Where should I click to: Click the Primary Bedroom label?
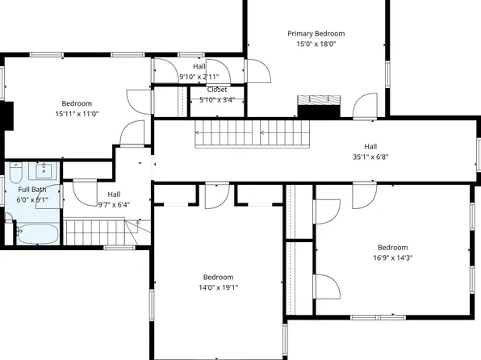tap(316, 33)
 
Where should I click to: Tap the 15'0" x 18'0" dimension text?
tap(316, 44)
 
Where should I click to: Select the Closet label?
tap(217, 90)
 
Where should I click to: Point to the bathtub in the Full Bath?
tap(37, 234)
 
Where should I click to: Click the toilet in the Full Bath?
tap(16, 172)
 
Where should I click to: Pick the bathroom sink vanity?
tap(44, 170)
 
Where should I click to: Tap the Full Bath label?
tap(32, 190)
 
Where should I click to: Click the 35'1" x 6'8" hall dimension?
tap(370, 157)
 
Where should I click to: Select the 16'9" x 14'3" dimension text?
tap(393, 257)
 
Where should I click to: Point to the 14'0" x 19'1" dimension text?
tap(219, 287)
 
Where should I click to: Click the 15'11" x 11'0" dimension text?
tap(77, 114)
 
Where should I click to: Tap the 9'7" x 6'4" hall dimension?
tap(114, 205)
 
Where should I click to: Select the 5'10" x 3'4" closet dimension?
tap(217, 100)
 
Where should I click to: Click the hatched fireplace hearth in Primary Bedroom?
tap(319, 100)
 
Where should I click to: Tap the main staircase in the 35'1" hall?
tap(252, 134)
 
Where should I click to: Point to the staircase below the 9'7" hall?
tap(107, 232)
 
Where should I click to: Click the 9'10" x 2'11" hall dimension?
tap(199, 77)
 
